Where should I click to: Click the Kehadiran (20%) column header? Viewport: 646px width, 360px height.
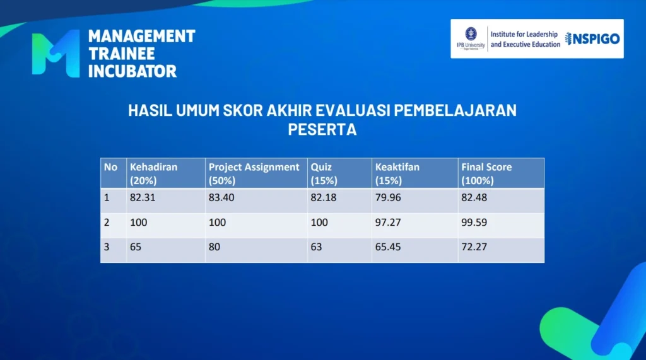tap(154, 173)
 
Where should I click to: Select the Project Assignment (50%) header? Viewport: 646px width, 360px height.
tap(254, 173)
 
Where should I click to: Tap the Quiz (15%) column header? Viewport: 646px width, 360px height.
tap(324, 173)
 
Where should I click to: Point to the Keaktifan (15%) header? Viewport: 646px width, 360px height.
tap(397, 173)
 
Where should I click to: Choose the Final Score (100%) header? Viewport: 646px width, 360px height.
tap(486, 173)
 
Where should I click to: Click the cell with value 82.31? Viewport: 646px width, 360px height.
tap(143, 198)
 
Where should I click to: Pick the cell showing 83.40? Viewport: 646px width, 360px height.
tap(221, 198)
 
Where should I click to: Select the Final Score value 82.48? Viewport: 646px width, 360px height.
tap(474, 198)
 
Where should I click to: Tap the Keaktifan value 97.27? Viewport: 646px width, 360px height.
tap(388, 223)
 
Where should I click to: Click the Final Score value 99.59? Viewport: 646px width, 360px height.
tap(474, 223)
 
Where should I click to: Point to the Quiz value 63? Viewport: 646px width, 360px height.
tap(316, 247)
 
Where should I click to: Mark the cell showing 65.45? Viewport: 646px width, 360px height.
tap(388, 247)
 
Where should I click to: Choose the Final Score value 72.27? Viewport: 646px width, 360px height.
tap(474, 247)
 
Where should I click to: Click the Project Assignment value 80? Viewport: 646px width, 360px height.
tap(214, 247)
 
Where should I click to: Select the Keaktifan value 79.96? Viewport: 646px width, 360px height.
tap(388, 198)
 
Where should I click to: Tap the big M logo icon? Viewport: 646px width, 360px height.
tap(56, 54)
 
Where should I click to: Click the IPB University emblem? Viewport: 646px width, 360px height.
tap(471, 34)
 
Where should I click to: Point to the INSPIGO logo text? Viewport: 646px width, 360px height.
tap(592, 38)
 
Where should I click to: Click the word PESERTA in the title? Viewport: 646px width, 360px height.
tap(322, 129)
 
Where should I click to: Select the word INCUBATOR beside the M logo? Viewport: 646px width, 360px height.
tap(132, 71)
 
